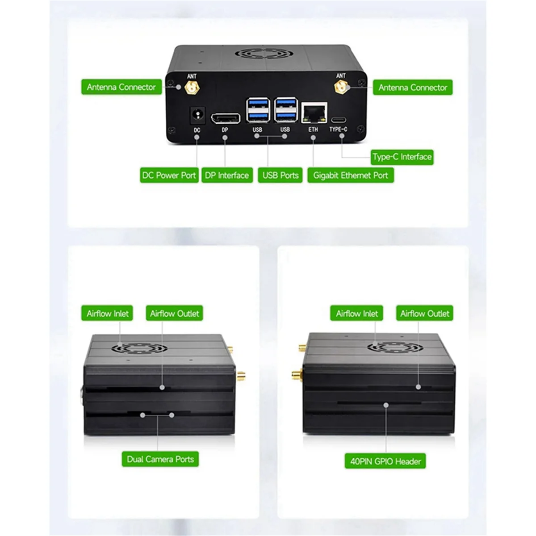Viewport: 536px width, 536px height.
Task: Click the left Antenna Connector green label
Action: (121, 87)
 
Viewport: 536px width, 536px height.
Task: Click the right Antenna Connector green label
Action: (412, 88)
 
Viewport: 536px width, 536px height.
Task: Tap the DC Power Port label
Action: (169, 176)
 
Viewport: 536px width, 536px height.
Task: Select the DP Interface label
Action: (227, 176)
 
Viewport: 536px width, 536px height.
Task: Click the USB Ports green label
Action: (280, 176)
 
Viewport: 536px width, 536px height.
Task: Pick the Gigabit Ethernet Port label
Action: (350, 176)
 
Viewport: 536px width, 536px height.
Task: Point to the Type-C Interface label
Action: (402, 157)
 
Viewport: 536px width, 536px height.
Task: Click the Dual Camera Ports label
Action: (160, 459)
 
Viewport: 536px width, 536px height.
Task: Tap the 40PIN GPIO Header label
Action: (385, 461)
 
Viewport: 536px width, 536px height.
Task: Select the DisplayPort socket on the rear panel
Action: (225, 118)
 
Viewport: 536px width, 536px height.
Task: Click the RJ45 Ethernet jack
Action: (314, 113)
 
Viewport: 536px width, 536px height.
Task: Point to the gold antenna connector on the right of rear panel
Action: (341, 88)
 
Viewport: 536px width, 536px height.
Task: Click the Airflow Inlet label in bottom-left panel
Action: (108, 314)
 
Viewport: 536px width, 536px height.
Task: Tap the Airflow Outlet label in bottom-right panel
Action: (424, 314)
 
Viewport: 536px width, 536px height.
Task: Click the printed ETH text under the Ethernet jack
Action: (313, 130)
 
